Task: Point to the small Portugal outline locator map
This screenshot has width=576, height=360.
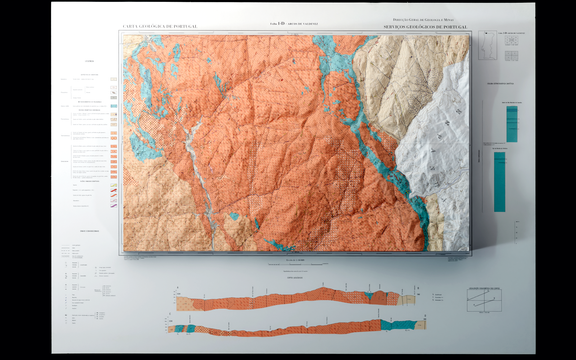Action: click(x=487, y=45)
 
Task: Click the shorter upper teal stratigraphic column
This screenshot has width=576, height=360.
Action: click(x=511, y=123)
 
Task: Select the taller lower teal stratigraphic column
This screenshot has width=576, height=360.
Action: click(x=499, y=180)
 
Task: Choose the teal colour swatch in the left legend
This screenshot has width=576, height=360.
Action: click(x=115, y=104)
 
